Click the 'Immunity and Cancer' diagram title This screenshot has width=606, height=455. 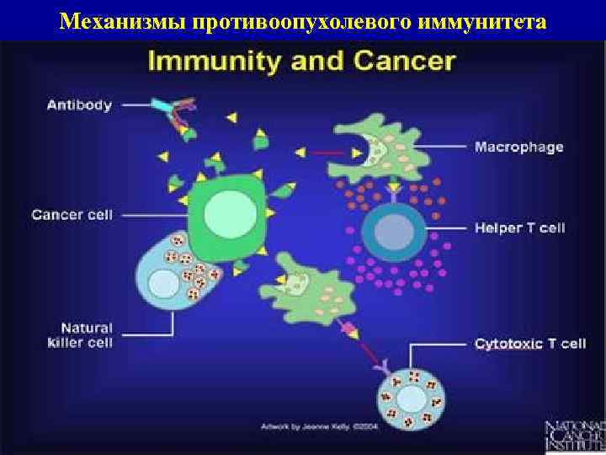tap(302, 61)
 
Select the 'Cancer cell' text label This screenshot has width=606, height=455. tap(72, 215)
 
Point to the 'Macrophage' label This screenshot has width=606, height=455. tap(519, 147)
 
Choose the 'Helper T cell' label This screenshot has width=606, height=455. tap(519, 228)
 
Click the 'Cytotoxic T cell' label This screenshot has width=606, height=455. tap(530, 344)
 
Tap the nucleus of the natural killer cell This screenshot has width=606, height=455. tap(164, 284)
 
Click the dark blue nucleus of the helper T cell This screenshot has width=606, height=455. tap(390, 228)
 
